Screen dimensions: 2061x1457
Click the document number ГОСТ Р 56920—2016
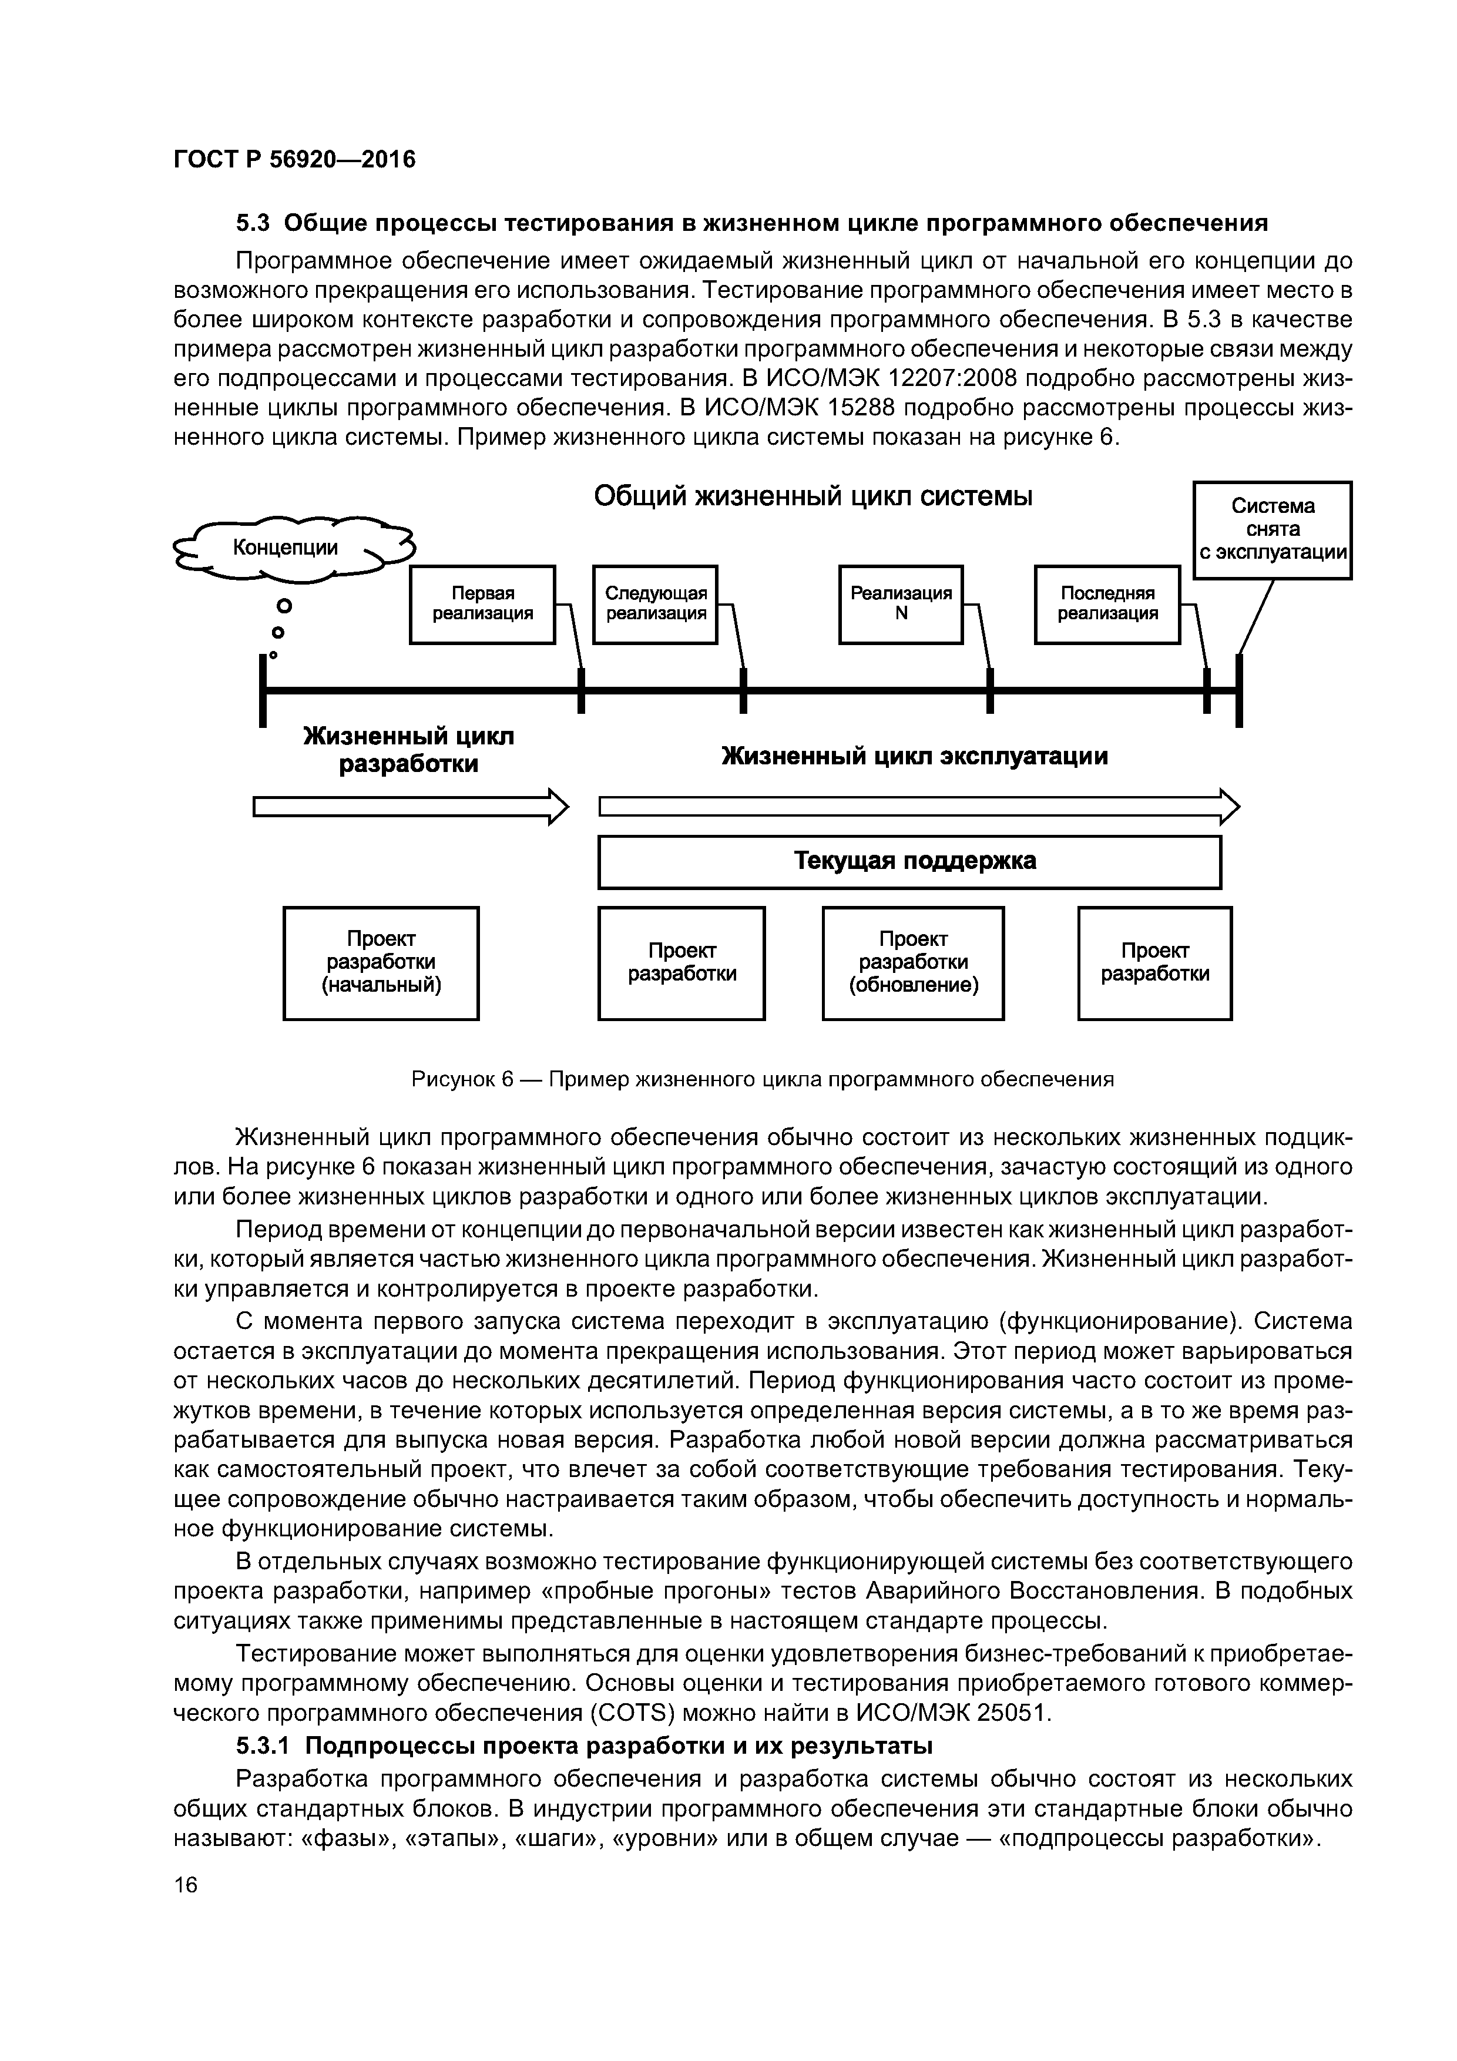[294, 160]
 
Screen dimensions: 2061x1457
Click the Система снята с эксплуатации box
[1272, 529]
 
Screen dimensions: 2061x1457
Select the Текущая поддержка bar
[909, 862]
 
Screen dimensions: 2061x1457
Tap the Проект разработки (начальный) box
[381, 962]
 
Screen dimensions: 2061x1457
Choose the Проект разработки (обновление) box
[913, 962]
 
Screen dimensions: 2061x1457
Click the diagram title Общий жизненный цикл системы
[813, 496]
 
